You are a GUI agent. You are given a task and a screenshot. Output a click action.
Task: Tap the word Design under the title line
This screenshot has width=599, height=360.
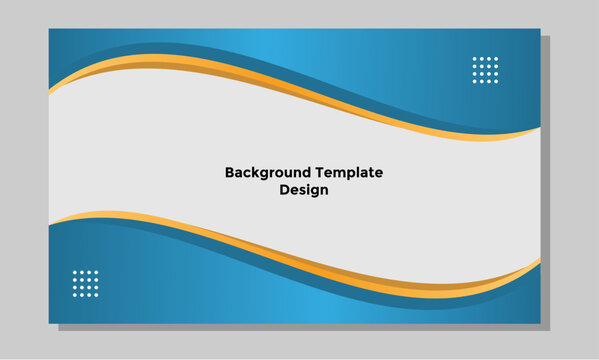pos(304,189)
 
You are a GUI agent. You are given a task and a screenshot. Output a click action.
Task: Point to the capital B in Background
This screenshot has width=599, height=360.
pos(230,172)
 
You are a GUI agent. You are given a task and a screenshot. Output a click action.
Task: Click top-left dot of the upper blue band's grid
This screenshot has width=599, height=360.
pos(474,59)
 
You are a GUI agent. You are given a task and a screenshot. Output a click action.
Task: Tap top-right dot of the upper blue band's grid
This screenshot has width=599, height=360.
pos(496,59)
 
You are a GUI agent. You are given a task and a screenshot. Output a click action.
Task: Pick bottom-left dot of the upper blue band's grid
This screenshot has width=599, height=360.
pos(474,81)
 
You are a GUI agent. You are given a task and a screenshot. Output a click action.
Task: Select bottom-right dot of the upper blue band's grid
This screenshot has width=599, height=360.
pos(496,81)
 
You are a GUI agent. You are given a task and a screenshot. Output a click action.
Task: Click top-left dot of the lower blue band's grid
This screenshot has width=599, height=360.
pos(75,272)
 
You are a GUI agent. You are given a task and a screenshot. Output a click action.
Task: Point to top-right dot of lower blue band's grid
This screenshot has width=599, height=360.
pos(97,272)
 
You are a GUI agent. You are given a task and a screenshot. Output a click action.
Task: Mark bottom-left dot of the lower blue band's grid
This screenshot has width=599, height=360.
pos(75,294)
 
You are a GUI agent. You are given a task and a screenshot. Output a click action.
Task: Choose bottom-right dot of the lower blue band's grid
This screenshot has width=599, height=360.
pos(97,294)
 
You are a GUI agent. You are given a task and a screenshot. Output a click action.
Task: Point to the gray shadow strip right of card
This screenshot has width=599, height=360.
pos(545,180)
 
